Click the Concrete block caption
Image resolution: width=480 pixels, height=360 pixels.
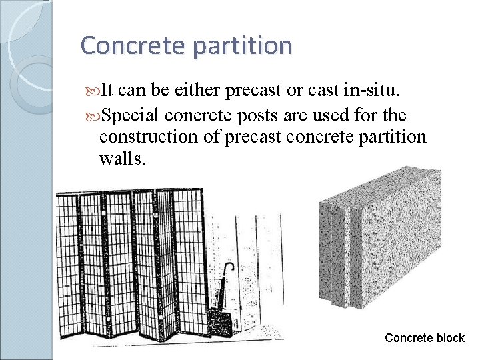[x=425, y=338]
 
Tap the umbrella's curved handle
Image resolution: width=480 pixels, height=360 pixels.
[x=229, y=268]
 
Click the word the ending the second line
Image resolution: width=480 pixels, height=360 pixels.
[x=395, y=115]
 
